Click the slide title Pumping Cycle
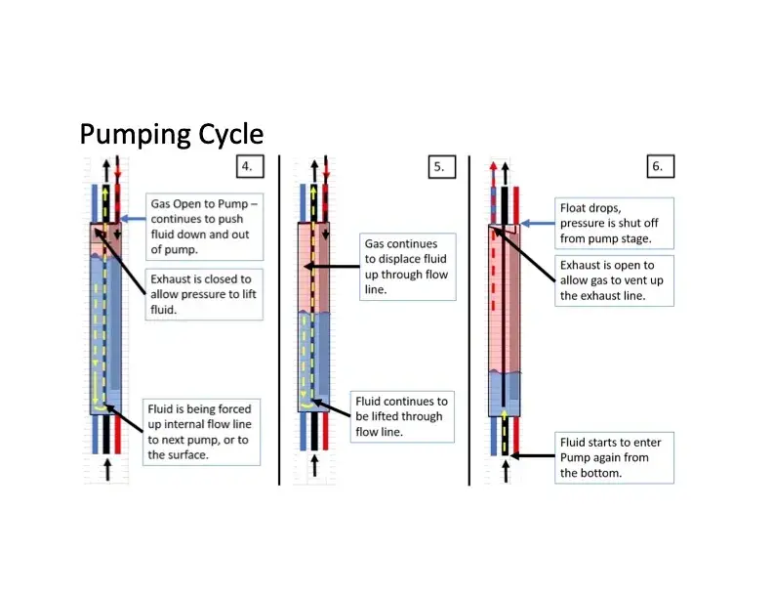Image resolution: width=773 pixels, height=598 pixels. click(171, 133)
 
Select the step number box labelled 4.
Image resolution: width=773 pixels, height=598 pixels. click(248, 166)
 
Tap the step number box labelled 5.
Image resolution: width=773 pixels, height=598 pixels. click(439, 166)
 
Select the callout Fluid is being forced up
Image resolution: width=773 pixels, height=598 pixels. click(202, 430)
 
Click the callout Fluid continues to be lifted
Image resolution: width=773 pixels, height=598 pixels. click(403, 416)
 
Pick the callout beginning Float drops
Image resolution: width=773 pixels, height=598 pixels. click(614, 223)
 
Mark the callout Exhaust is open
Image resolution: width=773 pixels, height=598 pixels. click(614, 280)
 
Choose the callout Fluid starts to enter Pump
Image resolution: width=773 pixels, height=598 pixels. click(614, 457)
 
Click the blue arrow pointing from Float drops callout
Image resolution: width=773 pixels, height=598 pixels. click(537, 224)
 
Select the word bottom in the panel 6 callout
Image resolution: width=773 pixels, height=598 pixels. click(608, 473)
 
